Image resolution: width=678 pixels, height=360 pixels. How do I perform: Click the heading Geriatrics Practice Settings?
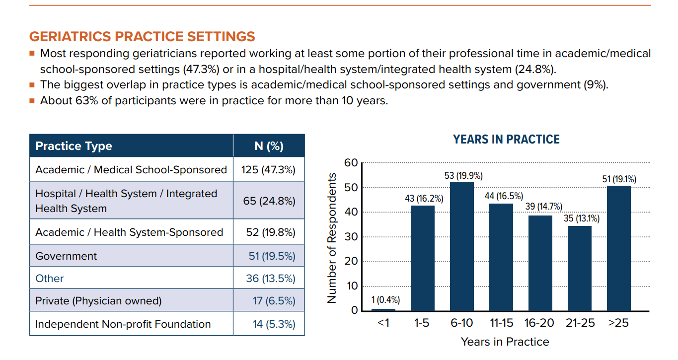tap(142, 37)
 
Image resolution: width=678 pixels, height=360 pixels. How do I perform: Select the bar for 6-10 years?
tap(461, 246)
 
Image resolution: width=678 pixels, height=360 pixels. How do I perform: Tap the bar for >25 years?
tap(618, 248)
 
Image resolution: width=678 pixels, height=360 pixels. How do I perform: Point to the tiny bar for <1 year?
tap(383, 309)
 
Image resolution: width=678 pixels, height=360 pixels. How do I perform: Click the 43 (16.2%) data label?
tap(424, 199)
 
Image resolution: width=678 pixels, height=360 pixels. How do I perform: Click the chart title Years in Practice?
tap(506, 140)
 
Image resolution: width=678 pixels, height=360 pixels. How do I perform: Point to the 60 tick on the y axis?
tap(351, 163)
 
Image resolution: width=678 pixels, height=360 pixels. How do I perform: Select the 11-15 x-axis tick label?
tap(501, 323)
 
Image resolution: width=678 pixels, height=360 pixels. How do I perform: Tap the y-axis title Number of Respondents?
tap(332, 238)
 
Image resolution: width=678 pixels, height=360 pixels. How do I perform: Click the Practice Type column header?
tap(74, 146)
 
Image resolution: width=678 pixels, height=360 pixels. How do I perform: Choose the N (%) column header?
tap(268, 146)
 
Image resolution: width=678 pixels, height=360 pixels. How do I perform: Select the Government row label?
tap(66, 256)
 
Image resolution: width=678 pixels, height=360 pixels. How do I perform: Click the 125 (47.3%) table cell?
tap(268, 170)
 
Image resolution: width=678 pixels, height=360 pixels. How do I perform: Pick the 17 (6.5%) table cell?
tap(274, 301)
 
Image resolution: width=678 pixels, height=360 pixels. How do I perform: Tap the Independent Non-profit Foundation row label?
tap(123, 324)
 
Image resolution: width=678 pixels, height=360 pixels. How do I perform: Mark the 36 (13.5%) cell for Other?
tap(271, 279)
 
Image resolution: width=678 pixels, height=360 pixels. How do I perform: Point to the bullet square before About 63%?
tap(32, 101)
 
